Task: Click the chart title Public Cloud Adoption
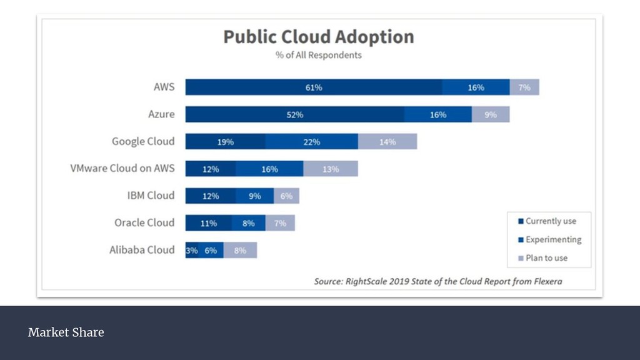coord(319,37)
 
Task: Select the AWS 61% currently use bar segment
coord(314,87)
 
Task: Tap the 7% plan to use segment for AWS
coord(524,87)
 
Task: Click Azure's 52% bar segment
coord(295,115)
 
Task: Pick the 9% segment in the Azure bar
coord(491,115)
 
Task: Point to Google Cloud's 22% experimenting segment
coord(312,142)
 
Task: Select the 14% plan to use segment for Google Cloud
coord(387,142)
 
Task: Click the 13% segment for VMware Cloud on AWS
coord(331,169)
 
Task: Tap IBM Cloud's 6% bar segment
coord(287,196)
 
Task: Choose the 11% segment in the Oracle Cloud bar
coord(209,223)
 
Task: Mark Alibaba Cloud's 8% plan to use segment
coord(241,251)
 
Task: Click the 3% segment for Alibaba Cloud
coord(191,251)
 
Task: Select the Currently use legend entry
coord(547,221)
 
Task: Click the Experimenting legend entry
coord(550,239)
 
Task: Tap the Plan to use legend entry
coord(543,257)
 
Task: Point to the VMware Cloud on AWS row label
coord(122,169)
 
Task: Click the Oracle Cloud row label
coord(144,223)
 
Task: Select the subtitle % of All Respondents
coord(319,55)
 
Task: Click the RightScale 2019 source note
coord(437,281)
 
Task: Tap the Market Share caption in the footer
coord(66,332)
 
